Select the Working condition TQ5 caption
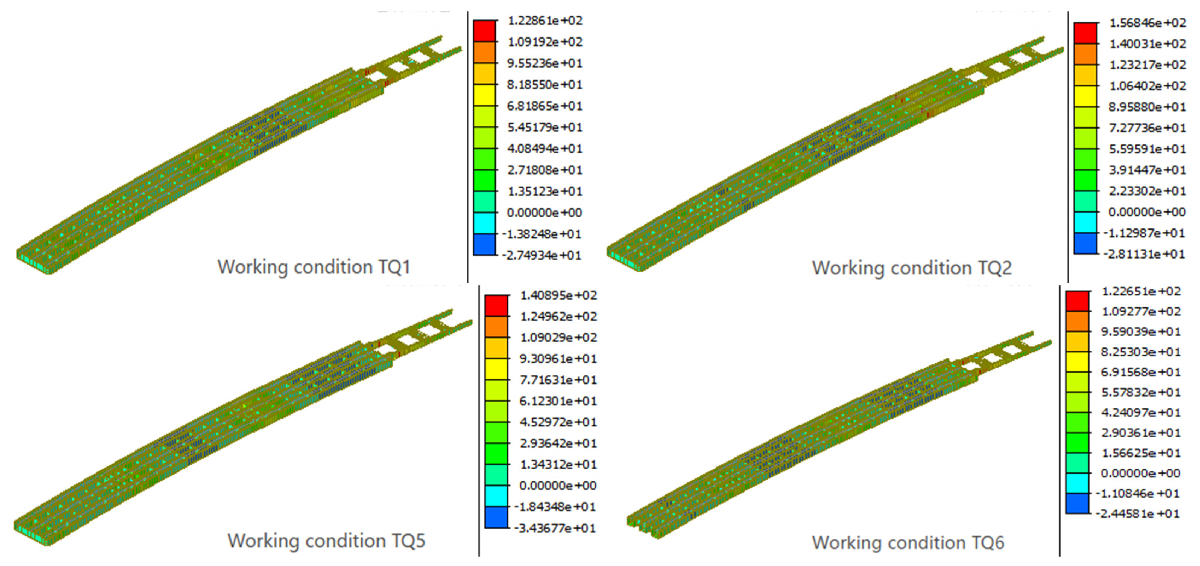tap(326, 541)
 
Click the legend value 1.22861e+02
tap(545, 21)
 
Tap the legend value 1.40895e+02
tap(558, 295)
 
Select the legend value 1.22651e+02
tap(1141, 291)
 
